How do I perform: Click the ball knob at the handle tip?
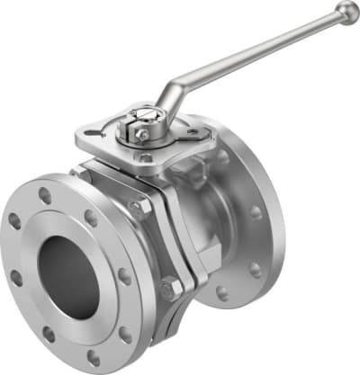pyautogui.click(x=346, y=11)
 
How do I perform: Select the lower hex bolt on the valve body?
pyautogui.click(x=169, y=290)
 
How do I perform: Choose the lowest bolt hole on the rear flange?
pyautogui.click(x=220, y=291)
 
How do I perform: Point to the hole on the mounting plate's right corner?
pyautogui.click(x=192, y=132)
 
